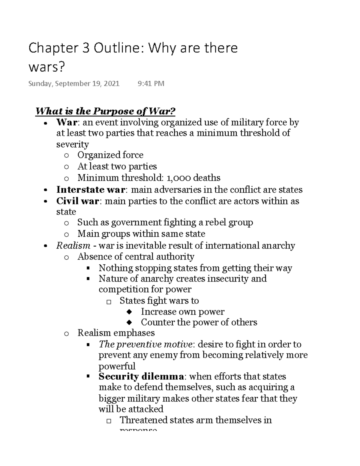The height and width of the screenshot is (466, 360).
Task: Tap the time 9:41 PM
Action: pos(151,83)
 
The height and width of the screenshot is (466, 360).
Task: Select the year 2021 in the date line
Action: pos(111,83)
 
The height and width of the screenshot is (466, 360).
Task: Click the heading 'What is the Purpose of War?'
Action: pos(105,111)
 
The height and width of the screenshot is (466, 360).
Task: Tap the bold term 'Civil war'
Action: pos(77,201)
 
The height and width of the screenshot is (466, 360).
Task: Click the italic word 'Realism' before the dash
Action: pos(73,246)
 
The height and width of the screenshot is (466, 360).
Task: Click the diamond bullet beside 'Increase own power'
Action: pos(129,312)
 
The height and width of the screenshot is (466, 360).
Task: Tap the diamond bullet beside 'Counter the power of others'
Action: pos(129,323)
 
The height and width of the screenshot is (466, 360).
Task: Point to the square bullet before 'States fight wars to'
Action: pos(109,302)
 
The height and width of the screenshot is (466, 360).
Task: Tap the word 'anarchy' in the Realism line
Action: pos(278,246)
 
